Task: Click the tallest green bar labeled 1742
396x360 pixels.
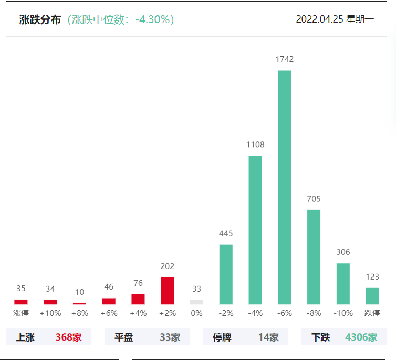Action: pyautogui.click(x=284, y=187)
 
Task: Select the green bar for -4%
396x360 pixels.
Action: pyautogui.click(x=255, y=230)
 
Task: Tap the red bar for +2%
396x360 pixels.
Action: pyautogui.click(x=167, y=291)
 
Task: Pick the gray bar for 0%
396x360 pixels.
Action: pyautogui.click(x=196, y=302)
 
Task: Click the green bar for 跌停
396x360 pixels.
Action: pyautogui.click(x=372, y=296)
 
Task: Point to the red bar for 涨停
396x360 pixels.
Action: pyautogui.click(x=21, y=302)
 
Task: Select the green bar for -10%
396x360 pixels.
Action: pyautogui.click(x=343, y=284)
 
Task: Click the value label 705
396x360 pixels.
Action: pyautogui.click(x=314, y=199)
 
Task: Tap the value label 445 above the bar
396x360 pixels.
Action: pyautogui.click(x=226, y=233)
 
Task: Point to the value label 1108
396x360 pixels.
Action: pyautogui.click(x=255, y=145)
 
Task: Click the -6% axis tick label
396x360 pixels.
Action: pyautogui.click(x=284, y=313)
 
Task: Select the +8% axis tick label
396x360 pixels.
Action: pyautogui.click(x=79, y=313)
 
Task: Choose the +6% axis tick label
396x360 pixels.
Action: pyautogui.click(x=109, y=313)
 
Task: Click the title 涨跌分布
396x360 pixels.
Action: pyautogui.click(x=40, y=20)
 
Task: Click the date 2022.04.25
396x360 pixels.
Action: pyautogui.click(x=319, y=20)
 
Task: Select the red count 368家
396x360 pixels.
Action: pyautogui.click(x=69, y=337)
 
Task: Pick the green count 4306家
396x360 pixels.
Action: pyautogui.click(x=361, y=337)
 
